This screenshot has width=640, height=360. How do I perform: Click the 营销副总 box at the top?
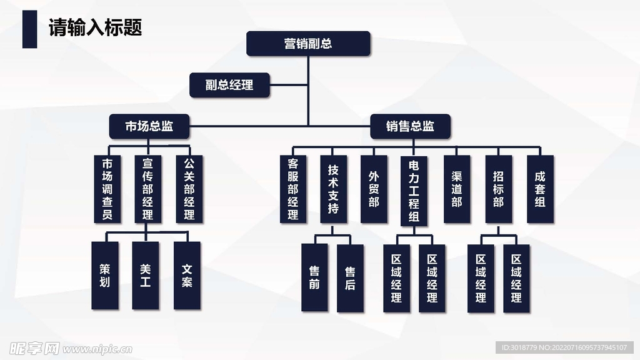click(308, 44)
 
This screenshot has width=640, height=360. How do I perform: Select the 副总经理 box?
click(229, 85)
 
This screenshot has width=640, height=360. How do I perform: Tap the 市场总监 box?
click(149, 126)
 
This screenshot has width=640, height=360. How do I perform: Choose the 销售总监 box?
click(410, 126)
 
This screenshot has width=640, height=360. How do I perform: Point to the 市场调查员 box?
click(107, 189)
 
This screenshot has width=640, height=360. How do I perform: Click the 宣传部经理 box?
click(147, 189)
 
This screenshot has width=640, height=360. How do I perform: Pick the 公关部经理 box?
click(189, 189)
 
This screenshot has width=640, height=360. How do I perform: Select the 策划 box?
click(104, 276)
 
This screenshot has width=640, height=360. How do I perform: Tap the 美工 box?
click(146, 276)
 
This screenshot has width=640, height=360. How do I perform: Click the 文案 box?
click(187, 276)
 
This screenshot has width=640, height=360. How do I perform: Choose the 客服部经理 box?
click(293, 189)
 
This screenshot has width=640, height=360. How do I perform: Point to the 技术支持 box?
click(333, 189)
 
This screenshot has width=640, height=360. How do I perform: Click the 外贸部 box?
click(374, 189)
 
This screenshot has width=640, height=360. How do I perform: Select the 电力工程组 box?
click(414, 191)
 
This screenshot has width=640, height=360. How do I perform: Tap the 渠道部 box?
click(457, 189)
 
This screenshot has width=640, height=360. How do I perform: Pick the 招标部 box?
click(498, 189)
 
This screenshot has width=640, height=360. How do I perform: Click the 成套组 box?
click(540, 189)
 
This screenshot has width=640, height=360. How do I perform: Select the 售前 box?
click(314, 278)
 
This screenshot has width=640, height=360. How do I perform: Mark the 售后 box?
click(350, 278)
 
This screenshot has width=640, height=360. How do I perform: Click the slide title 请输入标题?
click(96, 27)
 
